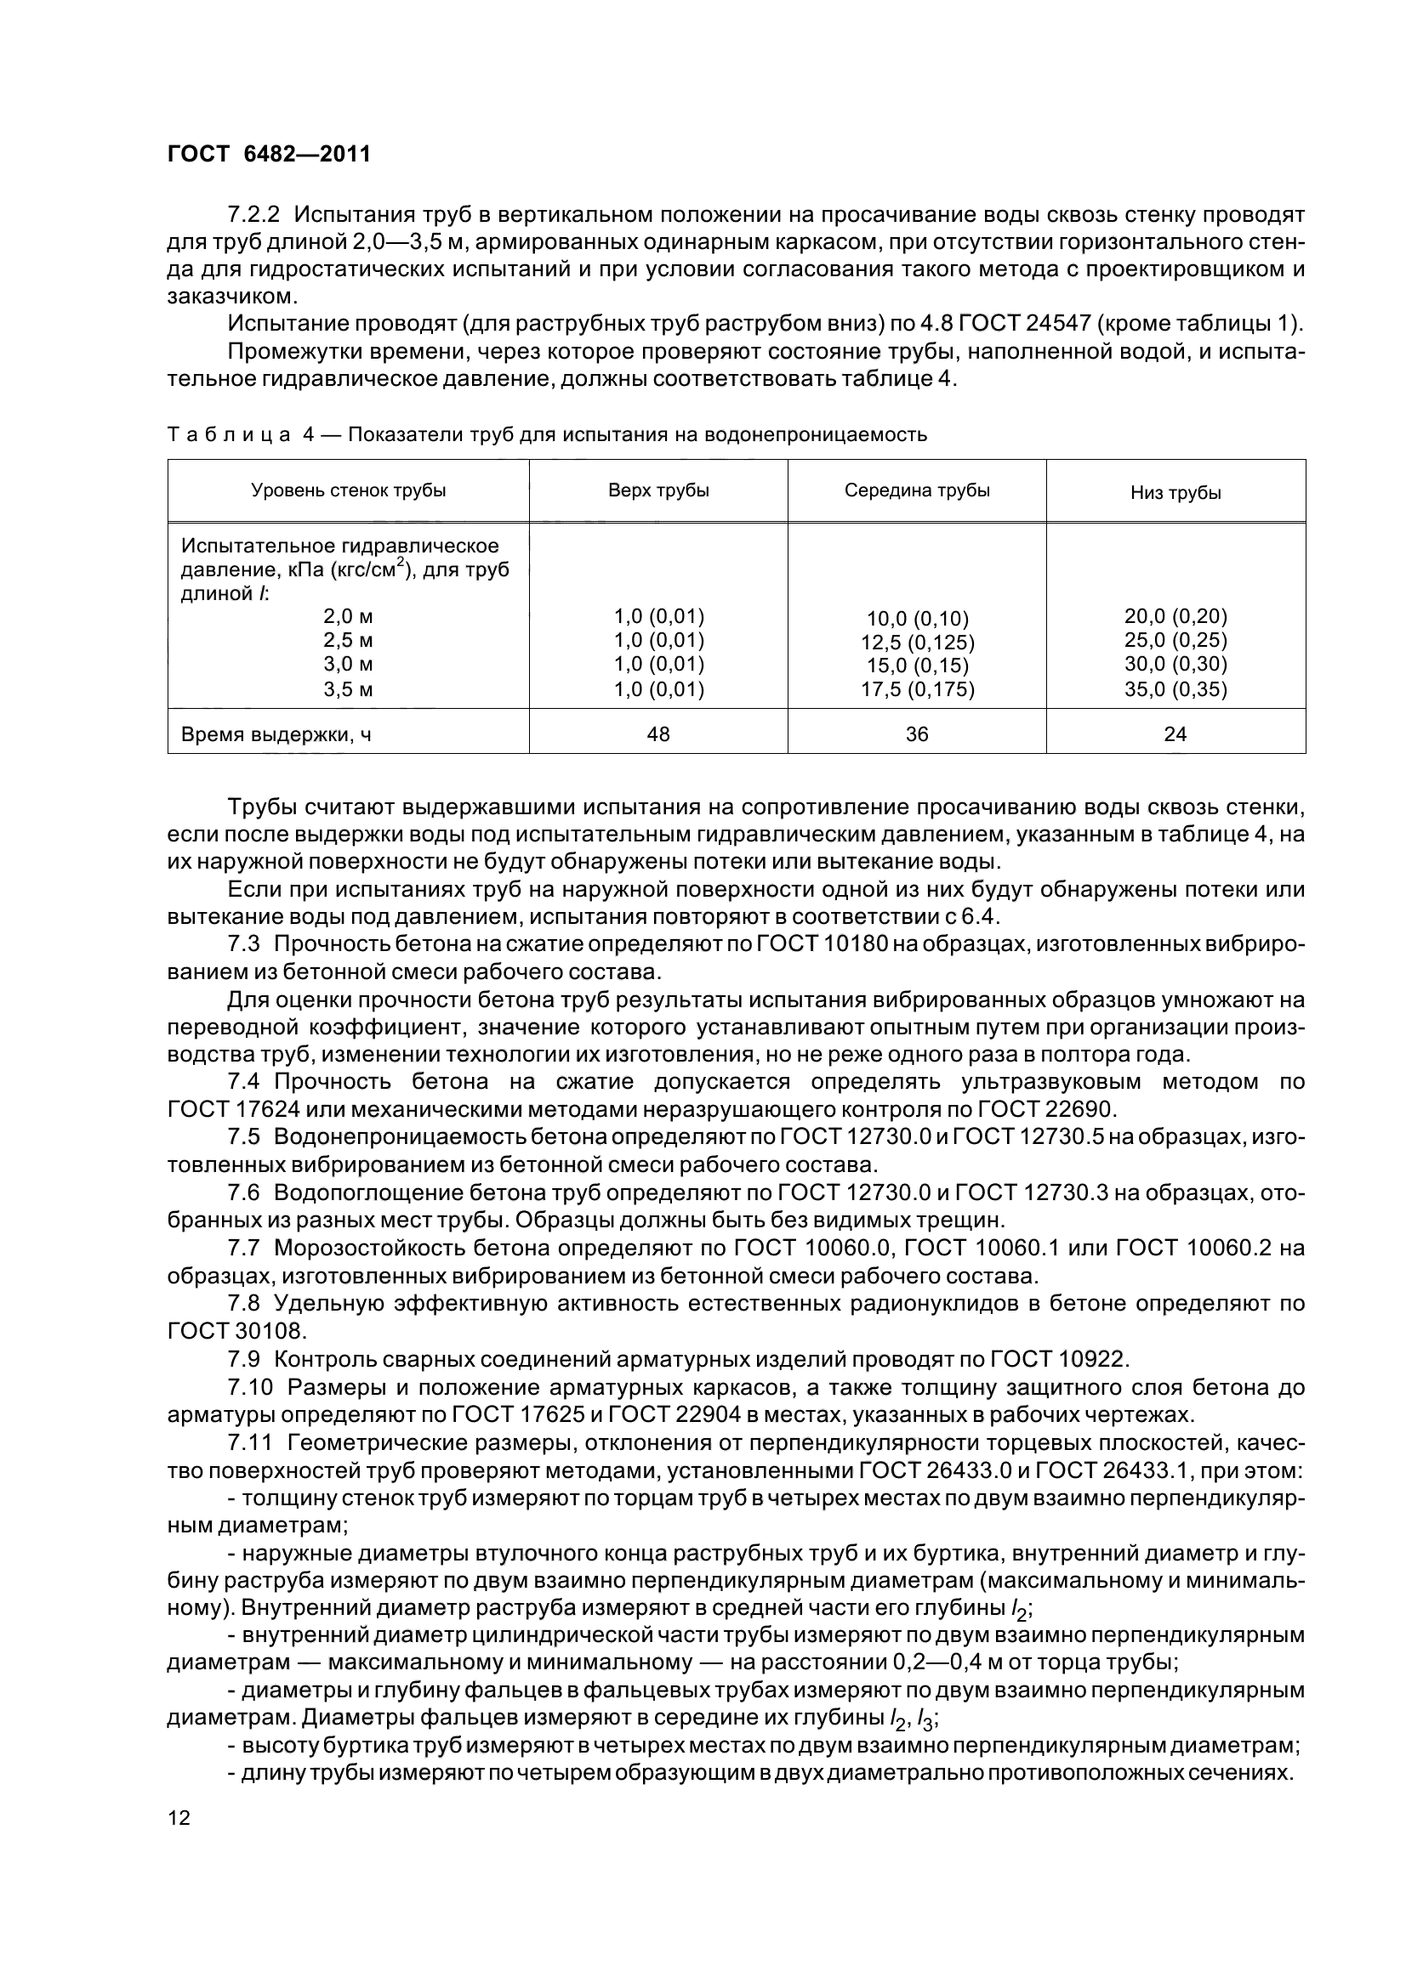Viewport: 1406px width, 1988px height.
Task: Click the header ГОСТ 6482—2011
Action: tap(269, 154)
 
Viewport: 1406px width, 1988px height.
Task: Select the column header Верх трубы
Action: tap(658, 491)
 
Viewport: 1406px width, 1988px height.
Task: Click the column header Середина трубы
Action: tap(917, 491)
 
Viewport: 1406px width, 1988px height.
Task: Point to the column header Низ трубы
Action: tap(1175, 494)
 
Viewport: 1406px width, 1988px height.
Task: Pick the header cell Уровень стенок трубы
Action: tap(348, 491)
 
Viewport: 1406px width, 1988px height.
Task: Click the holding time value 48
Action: tap(658, 734)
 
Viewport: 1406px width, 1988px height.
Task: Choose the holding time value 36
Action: tap(917, 734)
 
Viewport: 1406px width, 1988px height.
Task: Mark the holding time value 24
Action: tap(1175, 734)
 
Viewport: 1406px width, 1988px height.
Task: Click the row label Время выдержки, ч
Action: tap(276, 735)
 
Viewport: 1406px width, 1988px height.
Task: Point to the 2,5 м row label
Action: tap(348, 641)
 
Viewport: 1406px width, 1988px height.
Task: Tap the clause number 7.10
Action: tap(250, 1387)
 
